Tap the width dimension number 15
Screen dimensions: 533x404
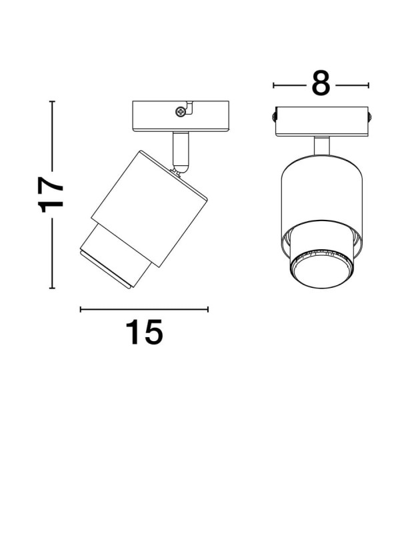point(144,332)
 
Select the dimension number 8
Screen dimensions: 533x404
point(321,85)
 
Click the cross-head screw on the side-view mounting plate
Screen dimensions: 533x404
point(179,111)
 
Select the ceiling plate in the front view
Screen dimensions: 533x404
point(322,121)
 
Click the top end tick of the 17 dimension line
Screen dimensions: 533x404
point(52,101)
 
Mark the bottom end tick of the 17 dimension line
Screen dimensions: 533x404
point(52,288)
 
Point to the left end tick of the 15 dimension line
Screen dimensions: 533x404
point(81,309)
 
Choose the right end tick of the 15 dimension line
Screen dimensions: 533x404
point(208,309)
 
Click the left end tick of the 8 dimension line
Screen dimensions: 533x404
point(274,85)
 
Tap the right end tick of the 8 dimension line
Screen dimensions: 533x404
point(369,85)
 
